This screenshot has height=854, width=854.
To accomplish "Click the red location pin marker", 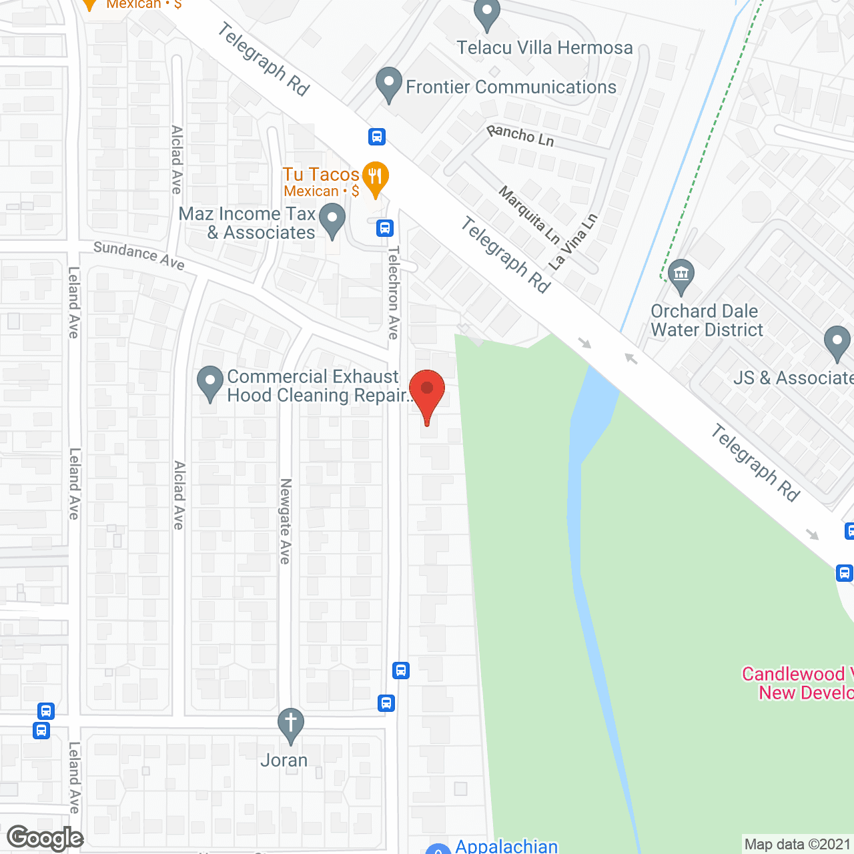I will coord(427,390).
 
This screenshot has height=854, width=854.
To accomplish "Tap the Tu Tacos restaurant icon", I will coord(376,177).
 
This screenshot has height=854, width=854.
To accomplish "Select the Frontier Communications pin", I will coord(388,84).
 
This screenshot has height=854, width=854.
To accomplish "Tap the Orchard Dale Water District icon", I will coord(681,275).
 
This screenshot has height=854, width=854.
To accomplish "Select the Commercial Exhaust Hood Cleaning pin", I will coord(210,383).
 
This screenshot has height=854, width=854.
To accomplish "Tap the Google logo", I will coord(45,838).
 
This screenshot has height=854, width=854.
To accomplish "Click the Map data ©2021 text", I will coord(797,844).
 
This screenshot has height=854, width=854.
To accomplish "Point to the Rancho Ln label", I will coord(520,135).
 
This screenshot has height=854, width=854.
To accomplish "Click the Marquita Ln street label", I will coord(529,215).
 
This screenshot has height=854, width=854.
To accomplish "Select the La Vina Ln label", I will coord(573,241).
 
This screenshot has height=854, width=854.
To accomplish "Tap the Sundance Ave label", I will coord(139,255).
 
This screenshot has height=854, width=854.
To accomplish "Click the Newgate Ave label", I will coord(286,521).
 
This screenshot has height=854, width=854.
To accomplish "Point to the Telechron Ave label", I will coord(394,292).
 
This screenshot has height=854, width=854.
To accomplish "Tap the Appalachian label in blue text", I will coord(506,846).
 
